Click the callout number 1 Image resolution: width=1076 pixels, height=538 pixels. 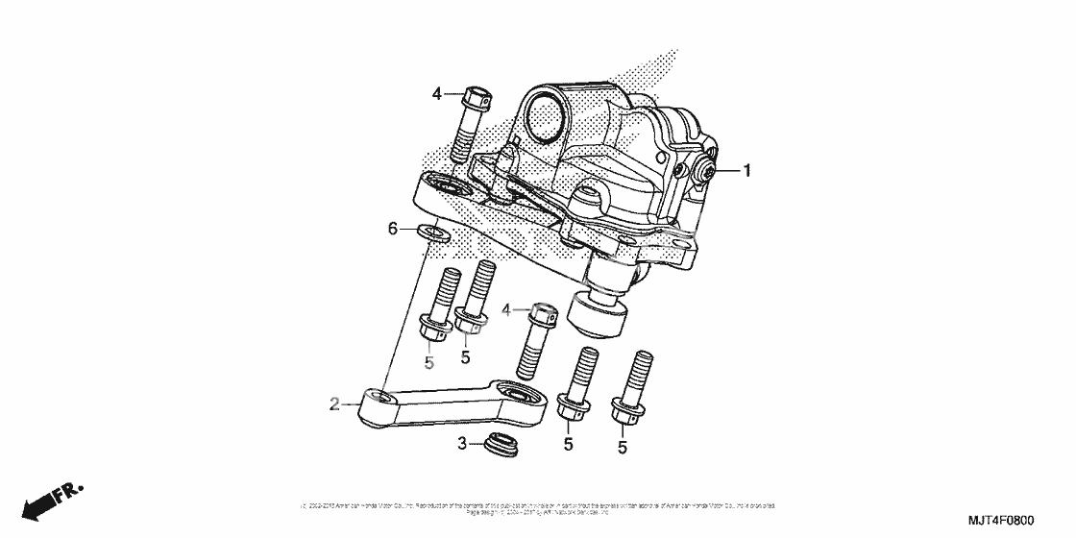tap(746, 172)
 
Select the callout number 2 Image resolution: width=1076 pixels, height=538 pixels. tap(334, 405)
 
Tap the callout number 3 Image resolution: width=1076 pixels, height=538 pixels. tap(461, 443)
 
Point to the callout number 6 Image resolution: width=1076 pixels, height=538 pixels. tap(392, 228)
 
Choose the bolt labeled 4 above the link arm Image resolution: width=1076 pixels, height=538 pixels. tap(536, 341)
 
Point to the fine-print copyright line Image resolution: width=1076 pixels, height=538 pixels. tap(538, 507)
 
